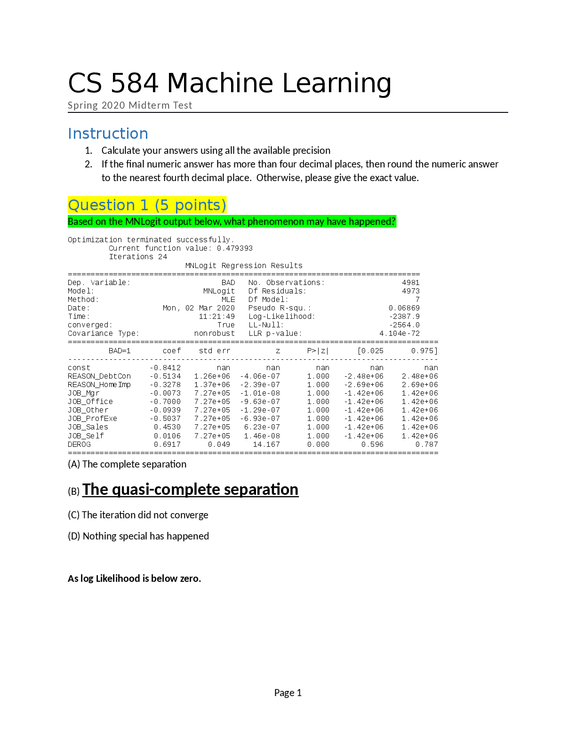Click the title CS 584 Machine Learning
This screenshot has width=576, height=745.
230,83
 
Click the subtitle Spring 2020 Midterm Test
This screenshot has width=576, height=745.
130,105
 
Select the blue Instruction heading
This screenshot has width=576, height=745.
108,134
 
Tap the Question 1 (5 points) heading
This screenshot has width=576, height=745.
147,205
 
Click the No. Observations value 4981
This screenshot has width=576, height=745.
411,283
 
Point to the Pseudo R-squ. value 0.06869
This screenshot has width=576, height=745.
404,308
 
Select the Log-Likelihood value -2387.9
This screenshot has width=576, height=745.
404,317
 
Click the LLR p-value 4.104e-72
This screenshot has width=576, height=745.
400,333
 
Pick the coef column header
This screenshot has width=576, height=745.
172,351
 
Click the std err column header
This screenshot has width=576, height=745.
215,351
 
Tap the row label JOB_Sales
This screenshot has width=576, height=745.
88,427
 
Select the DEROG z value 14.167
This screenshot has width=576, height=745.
266,444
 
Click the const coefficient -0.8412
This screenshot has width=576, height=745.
165,368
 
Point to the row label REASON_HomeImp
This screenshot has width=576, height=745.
99,385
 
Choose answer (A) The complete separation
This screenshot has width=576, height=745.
127,464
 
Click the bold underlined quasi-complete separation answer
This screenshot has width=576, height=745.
191,490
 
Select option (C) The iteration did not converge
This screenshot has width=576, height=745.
138,515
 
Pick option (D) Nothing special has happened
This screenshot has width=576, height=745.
138,536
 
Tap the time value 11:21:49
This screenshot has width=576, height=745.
217,317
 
